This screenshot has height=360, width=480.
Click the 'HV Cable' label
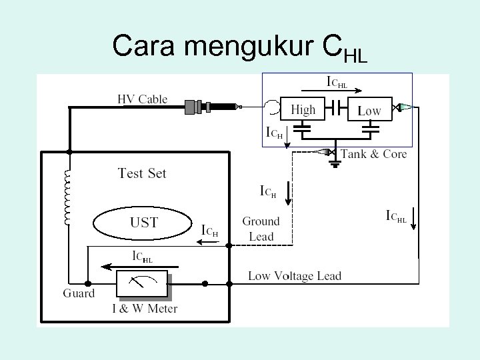[142, 99]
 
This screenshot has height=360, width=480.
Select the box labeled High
[303, 109]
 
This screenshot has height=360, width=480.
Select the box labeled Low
[369, 109]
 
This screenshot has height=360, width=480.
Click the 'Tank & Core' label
[373, 154]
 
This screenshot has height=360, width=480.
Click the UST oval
[143, 223]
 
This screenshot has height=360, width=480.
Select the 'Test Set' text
[142, 173]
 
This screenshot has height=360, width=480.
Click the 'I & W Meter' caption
[144, 309]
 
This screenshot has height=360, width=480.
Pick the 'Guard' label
[79, 293]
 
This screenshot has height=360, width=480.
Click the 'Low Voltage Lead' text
[294, 276]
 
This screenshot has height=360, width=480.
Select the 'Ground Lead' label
[261, 229]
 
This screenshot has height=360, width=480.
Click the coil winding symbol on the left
[67, 197]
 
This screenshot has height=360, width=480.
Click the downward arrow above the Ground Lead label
[287, 194]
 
